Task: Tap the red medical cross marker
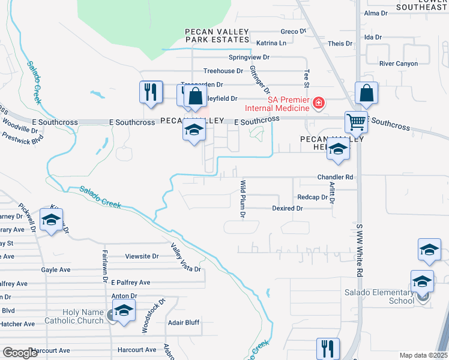(319, 104)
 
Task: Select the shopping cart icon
(356, 122)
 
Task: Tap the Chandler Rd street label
(336, 178)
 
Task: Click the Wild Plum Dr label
(243, 198)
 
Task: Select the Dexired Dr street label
(287, 208)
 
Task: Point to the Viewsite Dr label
(142, 256)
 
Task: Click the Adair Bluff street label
(184, 323)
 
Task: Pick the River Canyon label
(399, 64)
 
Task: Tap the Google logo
(20, 353)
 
